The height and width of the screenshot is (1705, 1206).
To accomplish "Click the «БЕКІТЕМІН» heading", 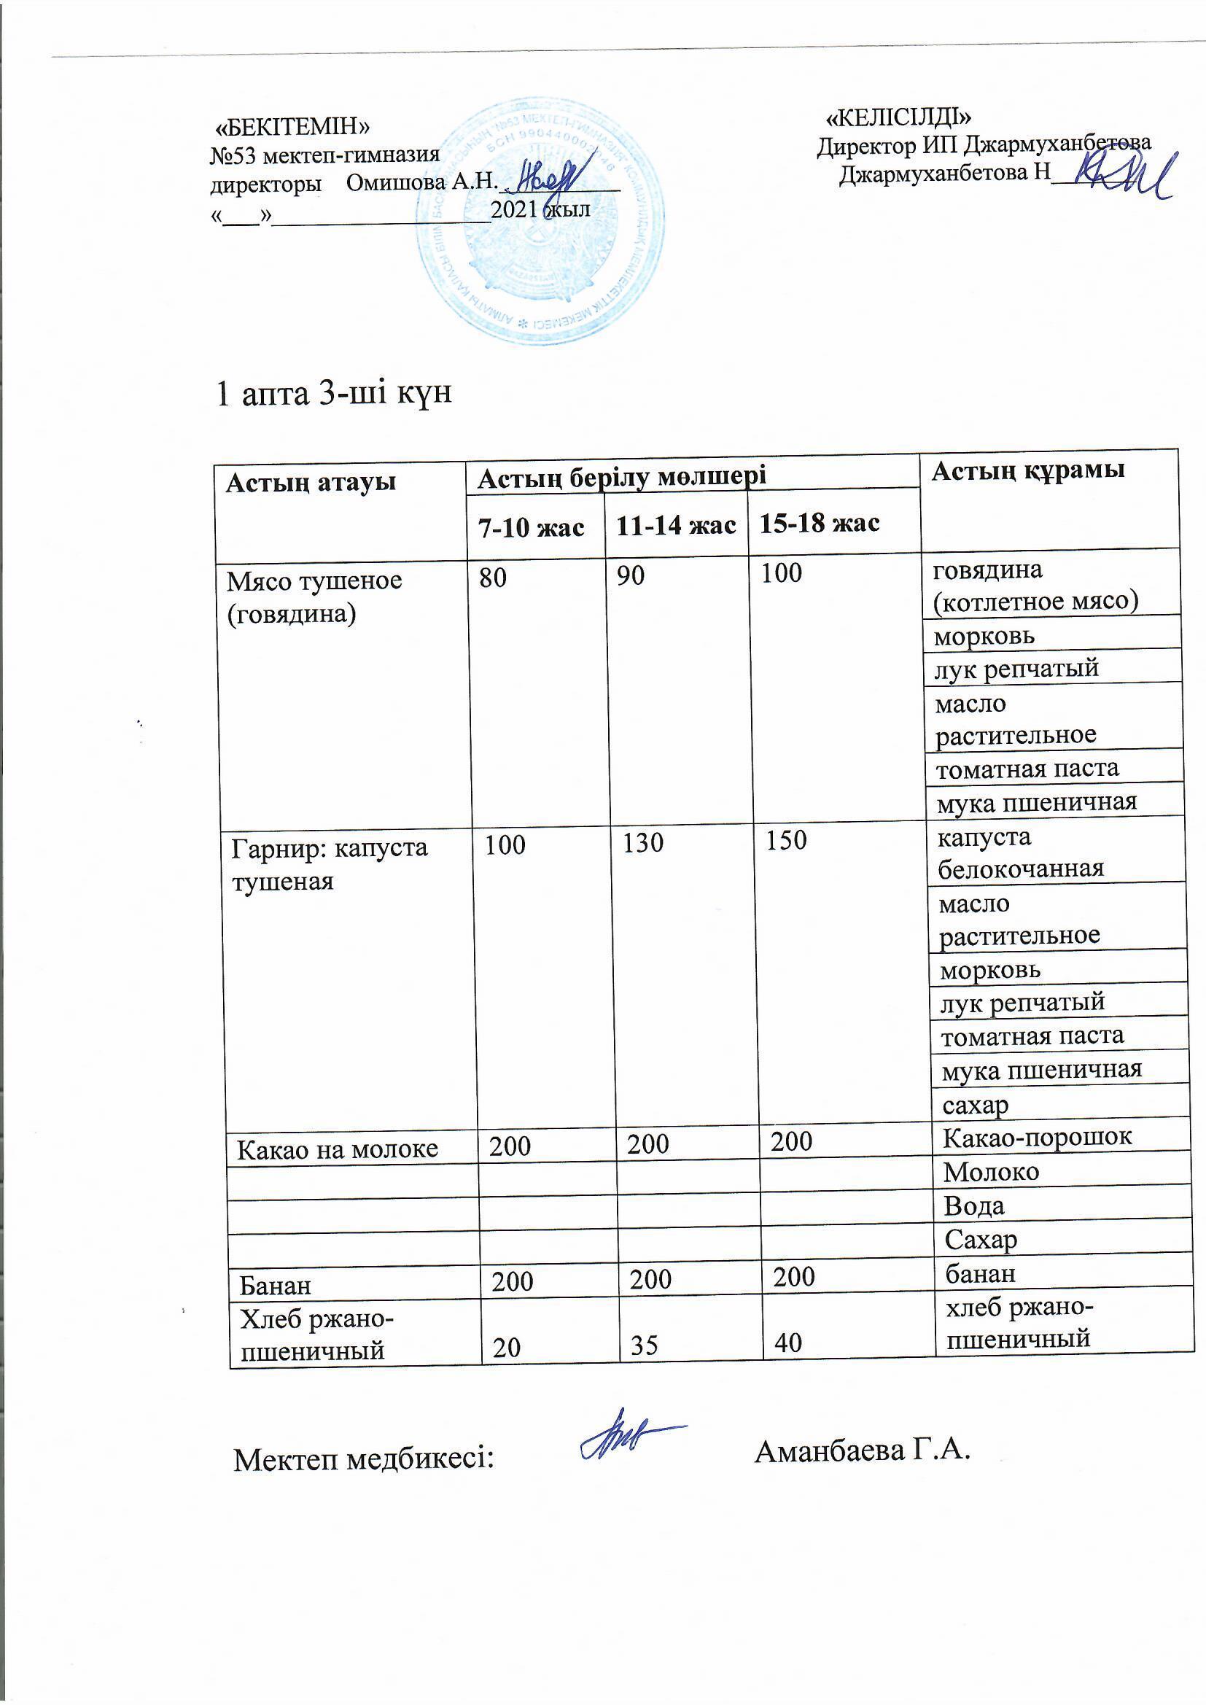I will pyautogui.click(x=292, y=128).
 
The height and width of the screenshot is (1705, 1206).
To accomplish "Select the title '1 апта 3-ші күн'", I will pyautogui.click(x=333, y=394).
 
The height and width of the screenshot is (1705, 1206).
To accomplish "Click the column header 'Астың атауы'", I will pyautogui.click(x=311, y=483).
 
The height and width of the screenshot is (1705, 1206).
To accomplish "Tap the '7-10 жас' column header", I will pyautogui.click(x=530, y=527).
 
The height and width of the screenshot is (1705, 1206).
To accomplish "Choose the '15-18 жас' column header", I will pyautogui.click(x=818, y=523).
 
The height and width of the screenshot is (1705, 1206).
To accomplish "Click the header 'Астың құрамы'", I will pyautogui.click(x=1028, y=470).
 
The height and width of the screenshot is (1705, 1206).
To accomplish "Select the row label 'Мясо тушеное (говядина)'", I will pyautogui.click(x=314, y=597).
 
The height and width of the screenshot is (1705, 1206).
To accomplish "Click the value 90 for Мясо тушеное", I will pyautogui.click(x=631, y=575).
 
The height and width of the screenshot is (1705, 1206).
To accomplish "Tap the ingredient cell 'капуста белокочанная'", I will pyautogui.click(x=1021, y=852).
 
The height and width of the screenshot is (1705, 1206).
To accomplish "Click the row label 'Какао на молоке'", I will pyautogui.click(x=338, y=1149).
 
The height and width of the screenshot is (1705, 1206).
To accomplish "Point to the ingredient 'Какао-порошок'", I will pyautogui.click(x=1038, y=1137).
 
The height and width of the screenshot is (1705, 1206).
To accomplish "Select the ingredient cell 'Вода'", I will pyautogui.click(x=974, y=1205).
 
